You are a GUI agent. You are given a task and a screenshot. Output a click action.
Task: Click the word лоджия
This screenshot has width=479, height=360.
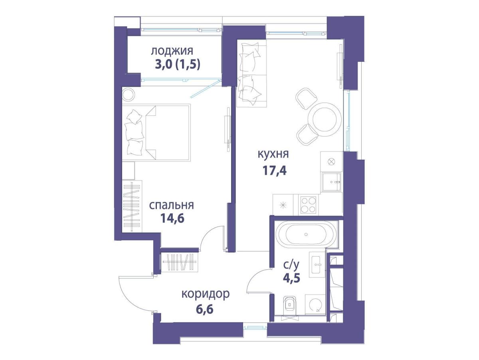coord(172,51)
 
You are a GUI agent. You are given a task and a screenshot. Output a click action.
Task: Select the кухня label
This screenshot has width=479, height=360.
coord(273,154)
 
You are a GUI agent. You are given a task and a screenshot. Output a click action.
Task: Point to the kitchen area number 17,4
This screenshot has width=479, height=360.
coord(275,170)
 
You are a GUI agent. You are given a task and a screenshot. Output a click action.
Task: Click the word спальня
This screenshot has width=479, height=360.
coord(171,206)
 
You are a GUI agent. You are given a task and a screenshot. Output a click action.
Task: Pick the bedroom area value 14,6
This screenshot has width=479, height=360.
coord(172,218)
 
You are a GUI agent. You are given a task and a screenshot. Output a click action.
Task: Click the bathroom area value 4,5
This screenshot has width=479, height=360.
coord(291,278)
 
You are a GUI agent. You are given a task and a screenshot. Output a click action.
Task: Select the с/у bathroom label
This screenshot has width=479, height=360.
coord(291,265)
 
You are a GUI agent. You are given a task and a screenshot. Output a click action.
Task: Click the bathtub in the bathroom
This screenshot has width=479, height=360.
coord(306,235)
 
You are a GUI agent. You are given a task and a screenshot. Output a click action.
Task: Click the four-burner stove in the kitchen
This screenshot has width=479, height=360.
coord(308,205)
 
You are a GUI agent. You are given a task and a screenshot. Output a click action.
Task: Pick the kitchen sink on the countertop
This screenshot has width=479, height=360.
coord(331,182)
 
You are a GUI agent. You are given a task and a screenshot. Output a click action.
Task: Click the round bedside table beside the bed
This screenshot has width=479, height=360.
coord(129,94)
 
